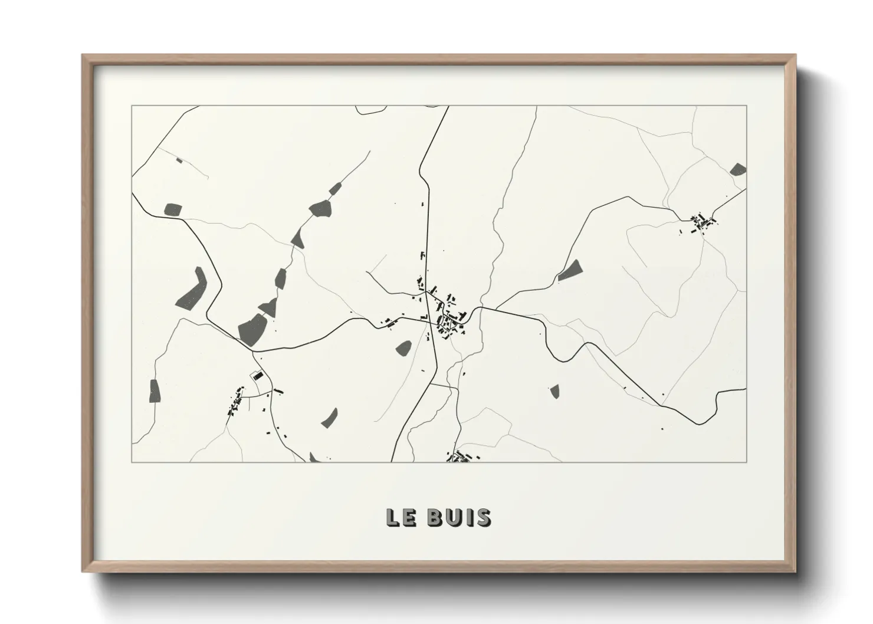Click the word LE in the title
click(x=400, y=518)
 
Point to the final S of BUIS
click(x=483, y=518)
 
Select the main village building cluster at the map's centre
click(x=448, y=318)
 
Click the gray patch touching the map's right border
click(x=738, y=170)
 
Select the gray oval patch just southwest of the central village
click(x=404, y=347)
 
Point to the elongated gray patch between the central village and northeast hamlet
click(x=570, y=270)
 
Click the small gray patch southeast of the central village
click(x=554, y=391)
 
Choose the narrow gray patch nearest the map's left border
click(x=155, y=391)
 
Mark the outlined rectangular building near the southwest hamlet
click(x=257, y=376)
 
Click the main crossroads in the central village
click(x=429, y=318)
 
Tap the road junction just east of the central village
click(x=481, y=307)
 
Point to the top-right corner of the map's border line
click(x=746, y=106)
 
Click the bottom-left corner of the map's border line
click(x=132, y=462)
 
